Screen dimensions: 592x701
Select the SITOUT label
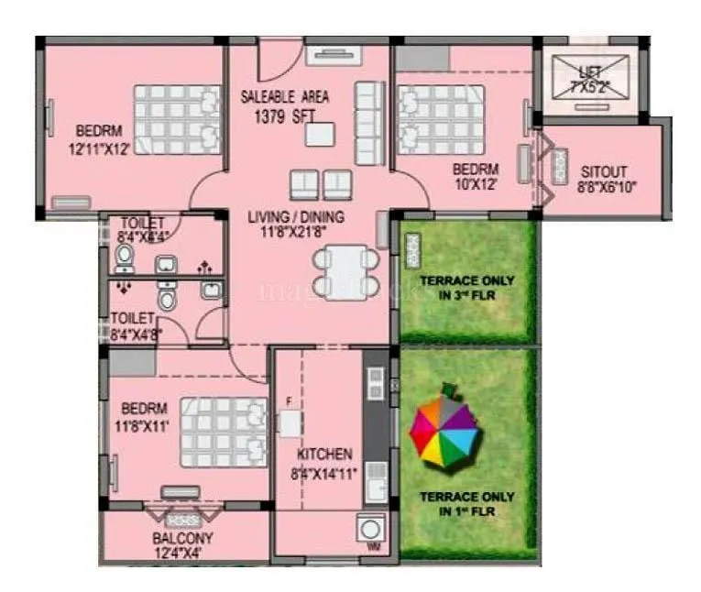tap(604, 171)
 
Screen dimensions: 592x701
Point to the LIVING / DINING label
tap(296, 217)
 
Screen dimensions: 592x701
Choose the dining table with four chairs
tap(345, 271)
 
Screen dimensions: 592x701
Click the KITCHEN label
tap(324, 454)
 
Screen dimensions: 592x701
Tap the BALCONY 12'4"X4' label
tap(183, 545)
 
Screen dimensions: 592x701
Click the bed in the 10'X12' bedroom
tap(442, 119)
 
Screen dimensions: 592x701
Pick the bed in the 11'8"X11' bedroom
tap(223, 432)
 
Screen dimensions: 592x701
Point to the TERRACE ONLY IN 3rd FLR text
tap(466, 287)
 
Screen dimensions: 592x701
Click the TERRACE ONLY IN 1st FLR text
tap(466, 503)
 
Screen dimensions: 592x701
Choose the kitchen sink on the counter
tap(376, 476)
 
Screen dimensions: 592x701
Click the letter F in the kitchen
tap(289, 401)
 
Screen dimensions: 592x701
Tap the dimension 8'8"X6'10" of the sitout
tap(606, 187)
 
